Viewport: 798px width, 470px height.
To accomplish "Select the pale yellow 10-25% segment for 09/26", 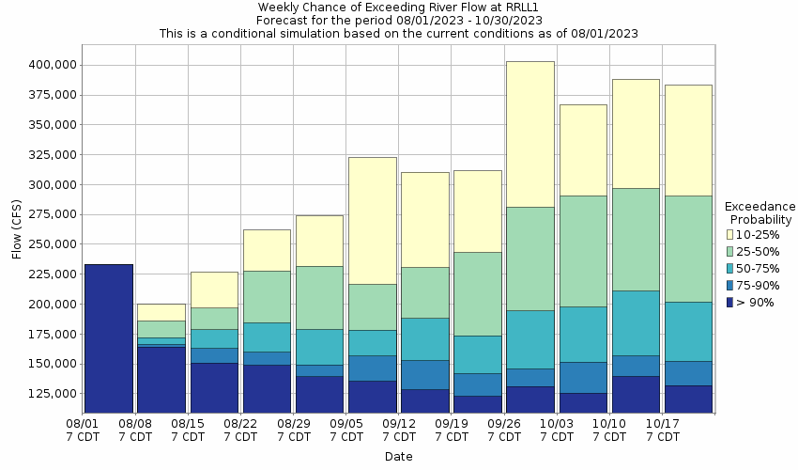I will pos(529,133).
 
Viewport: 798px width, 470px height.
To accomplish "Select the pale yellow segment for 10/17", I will pos(688,140).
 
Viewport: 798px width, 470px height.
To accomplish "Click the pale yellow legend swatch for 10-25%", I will pos(731,234).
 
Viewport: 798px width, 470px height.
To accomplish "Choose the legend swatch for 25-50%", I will pos(731,251).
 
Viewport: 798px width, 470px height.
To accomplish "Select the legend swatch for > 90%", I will pos(731,302).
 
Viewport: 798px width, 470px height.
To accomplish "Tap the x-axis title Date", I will pos(398,457).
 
